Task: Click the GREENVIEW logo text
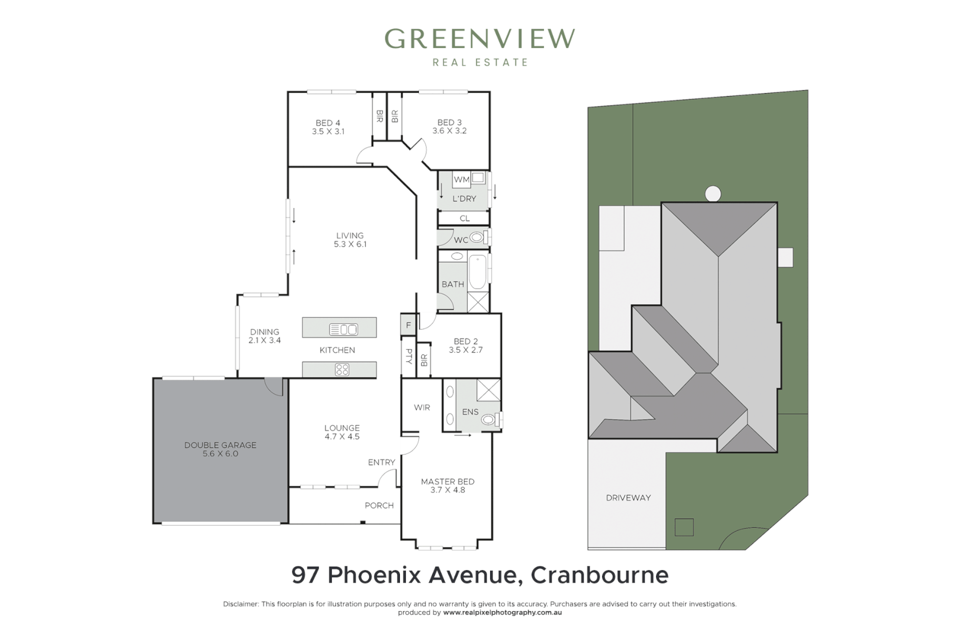(479, 39)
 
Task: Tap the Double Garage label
(220, 445)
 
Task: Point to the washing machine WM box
(461, 180)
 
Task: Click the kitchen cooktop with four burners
(342, 370)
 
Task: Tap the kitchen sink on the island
(343, 329)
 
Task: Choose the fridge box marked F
(408, 325)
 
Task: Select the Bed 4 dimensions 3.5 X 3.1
(328, 132)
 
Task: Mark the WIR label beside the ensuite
(422, 408)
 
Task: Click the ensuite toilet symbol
(489, 420)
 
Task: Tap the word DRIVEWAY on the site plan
(628, 498)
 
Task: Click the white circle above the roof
(713, 194)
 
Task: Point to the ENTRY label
(381, 462)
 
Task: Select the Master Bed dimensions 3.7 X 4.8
(447, 490)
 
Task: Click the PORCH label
(379, 505)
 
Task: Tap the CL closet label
(465, 219)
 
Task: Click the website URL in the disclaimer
(502, 613)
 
